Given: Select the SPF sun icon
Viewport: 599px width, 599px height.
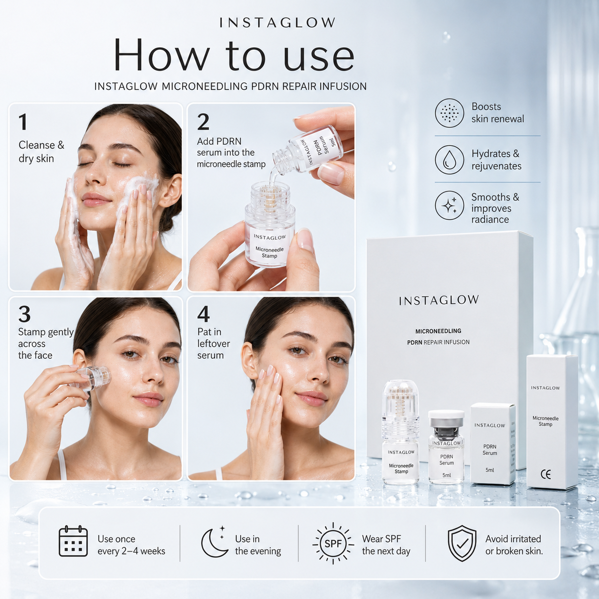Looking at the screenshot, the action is coord(333,543).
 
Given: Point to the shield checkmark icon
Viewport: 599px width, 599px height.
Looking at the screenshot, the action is coord(461,544).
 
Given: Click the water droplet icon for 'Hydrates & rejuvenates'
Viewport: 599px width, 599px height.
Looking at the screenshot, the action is coord(449,160).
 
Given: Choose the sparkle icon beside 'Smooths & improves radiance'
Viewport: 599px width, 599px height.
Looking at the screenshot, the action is coord(449,205).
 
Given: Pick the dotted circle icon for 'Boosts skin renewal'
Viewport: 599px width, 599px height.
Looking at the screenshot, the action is coord(449,113).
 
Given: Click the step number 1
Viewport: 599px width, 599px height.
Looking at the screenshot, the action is coord(23,122).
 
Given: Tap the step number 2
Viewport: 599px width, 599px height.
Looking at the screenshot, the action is coord(203,122).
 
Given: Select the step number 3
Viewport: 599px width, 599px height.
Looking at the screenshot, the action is coord(24,314).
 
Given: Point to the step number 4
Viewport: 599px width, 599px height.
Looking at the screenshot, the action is coord(203,314).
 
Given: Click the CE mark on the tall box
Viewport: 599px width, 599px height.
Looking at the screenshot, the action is coord(546,475).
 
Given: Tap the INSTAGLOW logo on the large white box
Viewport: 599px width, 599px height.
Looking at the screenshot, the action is coord(439,300).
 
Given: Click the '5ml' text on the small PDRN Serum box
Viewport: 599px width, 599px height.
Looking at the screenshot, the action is coord(490,470).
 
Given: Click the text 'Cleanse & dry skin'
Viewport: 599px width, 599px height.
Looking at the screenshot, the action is coord(42,152).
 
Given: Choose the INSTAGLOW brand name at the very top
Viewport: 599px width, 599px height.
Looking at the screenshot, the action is coord(277,23).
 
